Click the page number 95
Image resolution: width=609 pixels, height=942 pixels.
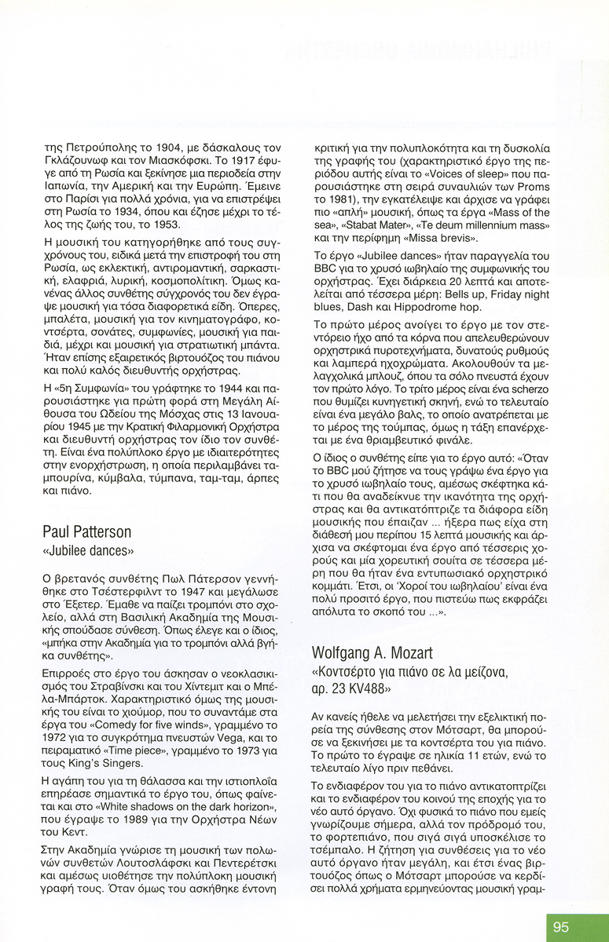point(560,927)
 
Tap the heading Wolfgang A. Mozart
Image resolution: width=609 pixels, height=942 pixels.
point(372,653)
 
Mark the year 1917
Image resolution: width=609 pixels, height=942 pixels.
point(231,160)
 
